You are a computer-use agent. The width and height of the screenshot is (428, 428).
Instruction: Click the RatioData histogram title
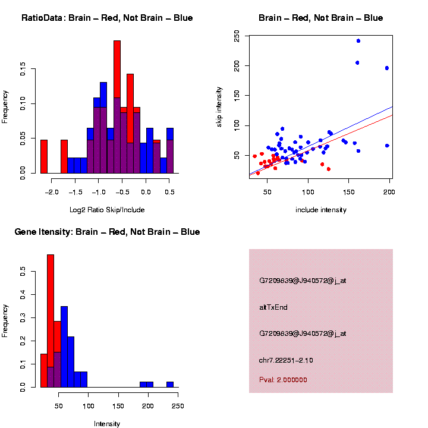107,18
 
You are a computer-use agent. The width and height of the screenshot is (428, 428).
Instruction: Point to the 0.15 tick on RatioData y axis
23,70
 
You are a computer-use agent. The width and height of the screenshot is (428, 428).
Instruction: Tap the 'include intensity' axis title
321,210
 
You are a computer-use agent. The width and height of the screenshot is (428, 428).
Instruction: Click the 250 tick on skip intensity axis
237,37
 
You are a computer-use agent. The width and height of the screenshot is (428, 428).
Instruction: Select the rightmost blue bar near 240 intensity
170,384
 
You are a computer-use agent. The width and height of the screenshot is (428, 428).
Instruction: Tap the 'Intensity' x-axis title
107,424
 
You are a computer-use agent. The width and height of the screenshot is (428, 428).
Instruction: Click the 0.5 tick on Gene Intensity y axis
23,271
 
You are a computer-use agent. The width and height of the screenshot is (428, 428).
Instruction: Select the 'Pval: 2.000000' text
283,379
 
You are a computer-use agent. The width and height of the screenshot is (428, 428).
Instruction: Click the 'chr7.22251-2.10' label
286,360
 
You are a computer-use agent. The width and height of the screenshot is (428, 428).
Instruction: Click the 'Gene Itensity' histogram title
107,232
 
